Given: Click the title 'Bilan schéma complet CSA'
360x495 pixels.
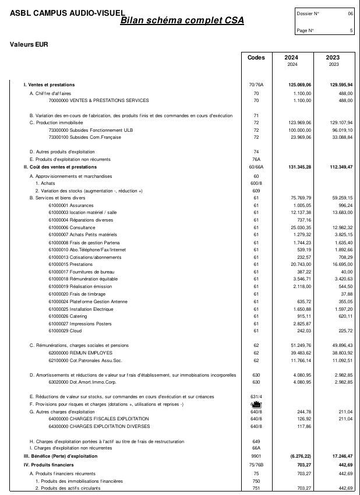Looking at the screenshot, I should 182,21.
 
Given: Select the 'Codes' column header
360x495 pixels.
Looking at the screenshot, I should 256,58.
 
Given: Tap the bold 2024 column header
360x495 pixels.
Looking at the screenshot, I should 291,58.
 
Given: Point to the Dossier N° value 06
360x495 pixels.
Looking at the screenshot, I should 350,13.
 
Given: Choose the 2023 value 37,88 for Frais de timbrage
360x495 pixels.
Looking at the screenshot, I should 345,279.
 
